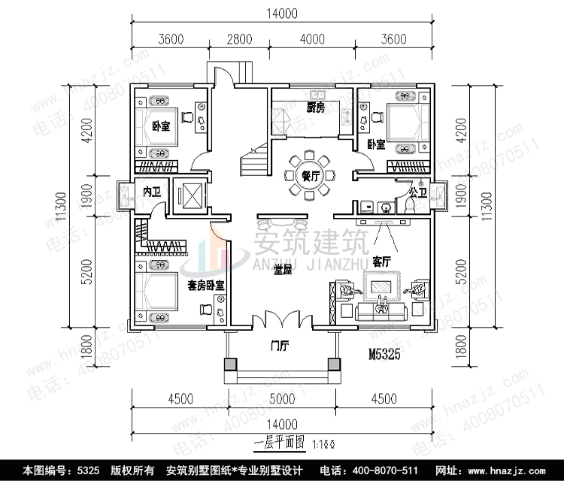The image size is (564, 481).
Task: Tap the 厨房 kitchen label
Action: coord(316,109)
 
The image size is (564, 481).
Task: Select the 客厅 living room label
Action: coord(382,262)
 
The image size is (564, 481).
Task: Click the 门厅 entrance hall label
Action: coord(280,346)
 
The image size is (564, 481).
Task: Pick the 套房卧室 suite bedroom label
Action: coord(208,286)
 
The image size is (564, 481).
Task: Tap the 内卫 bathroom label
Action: coord(151,192)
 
